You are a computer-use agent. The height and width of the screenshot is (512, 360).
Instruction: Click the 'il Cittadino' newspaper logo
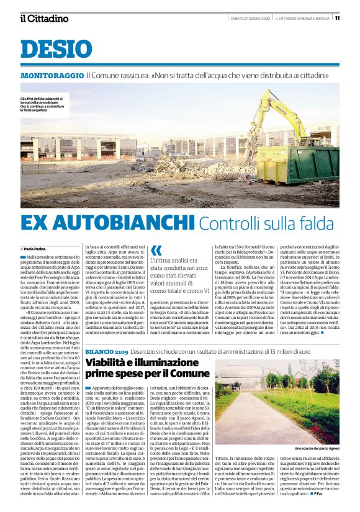pyautogui.click(x=44, y=18)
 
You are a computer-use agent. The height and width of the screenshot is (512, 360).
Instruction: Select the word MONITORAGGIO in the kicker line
pyautogui.click(x=52, y=76)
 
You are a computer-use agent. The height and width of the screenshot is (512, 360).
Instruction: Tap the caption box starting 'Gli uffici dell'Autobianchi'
pyautogui.click(x=43, y=105)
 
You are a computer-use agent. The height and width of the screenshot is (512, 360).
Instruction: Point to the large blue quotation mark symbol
pyautogui.click(x=156, y=250)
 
